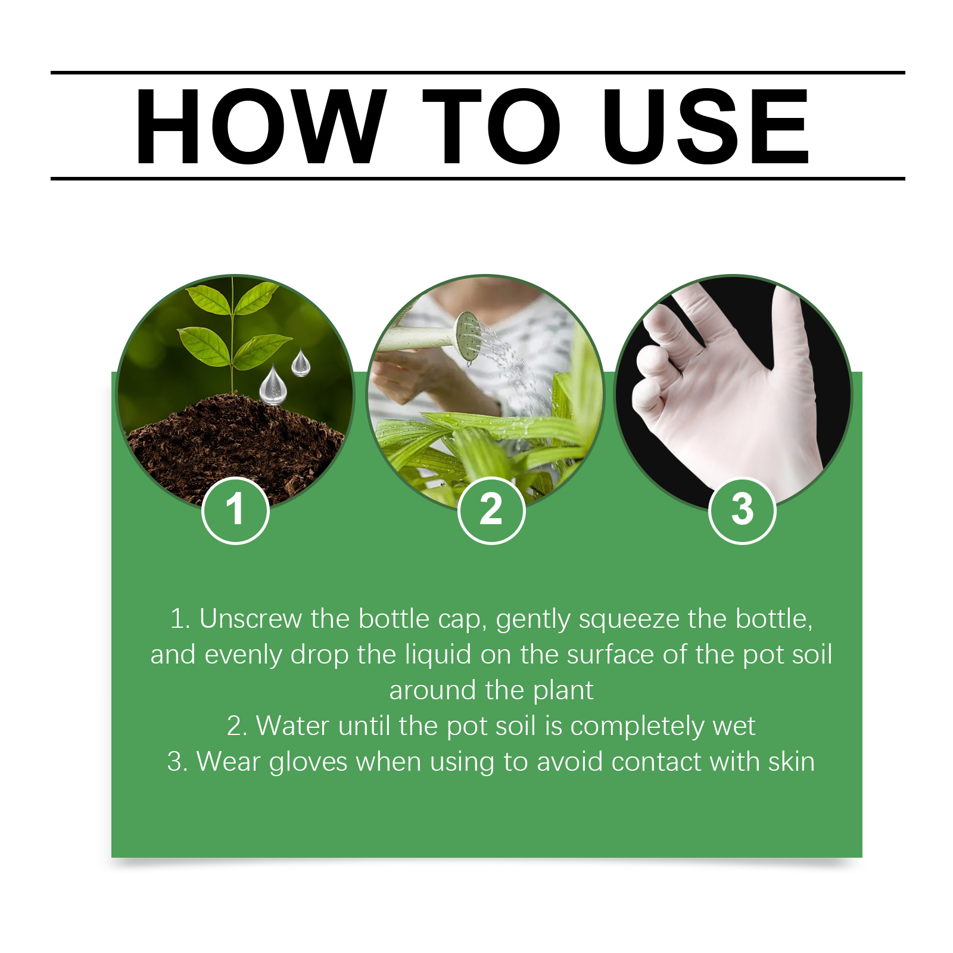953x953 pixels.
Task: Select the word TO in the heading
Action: [x=491, y=126]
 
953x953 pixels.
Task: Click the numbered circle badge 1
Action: [x=236, y=510]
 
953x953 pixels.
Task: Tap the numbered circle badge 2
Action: [x=491, y=510]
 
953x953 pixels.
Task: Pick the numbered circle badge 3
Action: [x=742, y=510]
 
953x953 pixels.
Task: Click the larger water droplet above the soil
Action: [x=273, y=385]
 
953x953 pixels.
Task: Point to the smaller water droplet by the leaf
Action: [x=301, y=363]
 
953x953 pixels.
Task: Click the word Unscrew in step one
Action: [x=250, y=619]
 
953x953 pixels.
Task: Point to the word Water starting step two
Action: [x=292, y=726]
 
